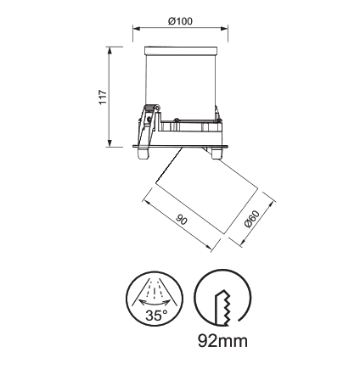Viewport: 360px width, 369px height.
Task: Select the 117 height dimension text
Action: (x=102, y=95)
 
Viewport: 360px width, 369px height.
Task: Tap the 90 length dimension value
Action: (x=181, y=219)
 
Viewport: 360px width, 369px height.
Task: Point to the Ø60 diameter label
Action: (x=251, y=221)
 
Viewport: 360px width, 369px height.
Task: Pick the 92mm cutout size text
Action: (x=222, y=341)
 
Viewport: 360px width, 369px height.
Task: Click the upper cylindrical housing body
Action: (x=180, y=86)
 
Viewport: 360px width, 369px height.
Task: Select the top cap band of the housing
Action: (x=180, y=49)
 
